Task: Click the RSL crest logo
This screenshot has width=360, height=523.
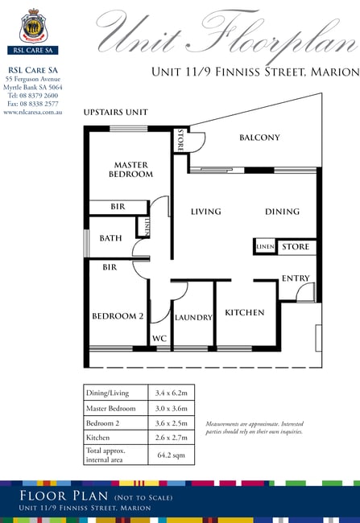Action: coord(33,27)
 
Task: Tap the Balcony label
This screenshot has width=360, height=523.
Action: coord(259,138)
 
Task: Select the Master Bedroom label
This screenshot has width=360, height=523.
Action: coord(131,170)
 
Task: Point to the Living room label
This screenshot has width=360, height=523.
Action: coord(205,212)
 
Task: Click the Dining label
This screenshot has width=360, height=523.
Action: coord(282,212)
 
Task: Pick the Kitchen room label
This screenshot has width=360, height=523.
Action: coord(245,312)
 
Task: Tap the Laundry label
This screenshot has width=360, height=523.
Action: coord(193,318)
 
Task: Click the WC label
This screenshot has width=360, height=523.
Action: coord(159,339)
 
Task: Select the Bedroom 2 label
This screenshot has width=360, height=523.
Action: coord(118,316)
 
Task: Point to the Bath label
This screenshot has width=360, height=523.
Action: coord(110,238)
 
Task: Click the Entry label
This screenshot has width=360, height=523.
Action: coord(296,278)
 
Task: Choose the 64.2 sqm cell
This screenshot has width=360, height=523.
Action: coord(171,455)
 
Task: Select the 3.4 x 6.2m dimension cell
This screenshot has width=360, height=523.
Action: coord(171,393)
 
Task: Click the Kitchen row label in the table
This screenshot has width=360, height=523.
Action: coord(97,438)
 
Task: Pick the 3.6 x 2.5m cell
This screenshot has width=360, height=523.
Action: coord(171,423)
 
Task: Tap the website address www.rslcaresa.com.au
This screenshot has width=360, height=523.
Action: coord(33,112)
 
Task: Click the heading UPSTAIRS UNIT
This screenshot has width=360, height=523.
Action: coord(115,112)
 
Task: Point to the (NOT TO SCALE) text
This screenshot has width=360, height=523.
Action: coord(143,497)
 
